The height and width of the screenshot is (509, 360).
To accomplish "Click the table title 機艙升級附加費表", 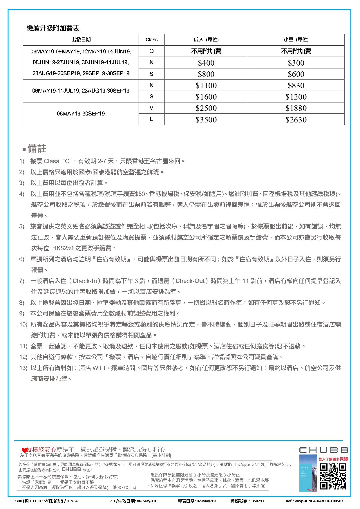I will tap(53, 28).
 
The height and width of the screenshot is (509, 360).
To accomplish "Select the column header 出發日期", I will tap(81, 39).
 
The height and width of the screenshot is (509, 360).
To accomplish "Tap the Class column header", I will tap(151, 39).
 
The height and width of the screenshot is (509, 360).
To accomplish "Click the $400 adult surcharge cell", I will tap(206, 63).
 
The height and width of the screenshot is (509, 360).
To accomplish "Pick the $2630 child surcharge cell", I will tap(296, 120).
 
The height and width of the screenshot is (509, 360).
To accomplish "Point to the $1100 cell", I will tap(206, 85).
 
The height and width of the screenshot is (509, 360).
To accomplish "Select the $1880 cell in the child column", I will tap(296, 108).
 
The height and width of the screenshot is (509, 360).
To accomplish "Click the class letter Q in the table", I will tap(151, 51).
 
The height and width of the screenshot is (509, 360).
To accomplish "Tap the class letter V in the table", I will tap(151, 108).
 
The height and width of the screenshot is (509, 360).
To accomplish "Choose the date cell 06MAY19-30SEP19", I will tap(81, 113).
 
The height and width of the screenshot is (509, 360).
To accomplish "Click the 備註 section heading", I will tap(37, 148).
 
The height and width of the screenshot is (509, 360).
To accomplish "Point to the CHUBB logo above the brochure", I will tap(323, 450).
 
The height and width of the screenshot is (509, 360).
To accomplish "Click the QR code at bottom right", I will tap(333, 476).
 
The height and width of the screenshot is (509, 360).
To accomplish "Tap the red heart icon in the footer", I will tap(25, 450).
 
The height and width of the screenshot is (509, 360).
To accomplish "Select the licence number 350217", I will tap(258, 501).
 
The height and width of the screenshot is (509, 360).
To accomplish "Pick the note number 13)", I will tap(23, 368).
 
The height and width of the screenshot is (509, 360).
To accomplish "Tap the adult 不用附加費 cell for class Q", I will tap(206, 51).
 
